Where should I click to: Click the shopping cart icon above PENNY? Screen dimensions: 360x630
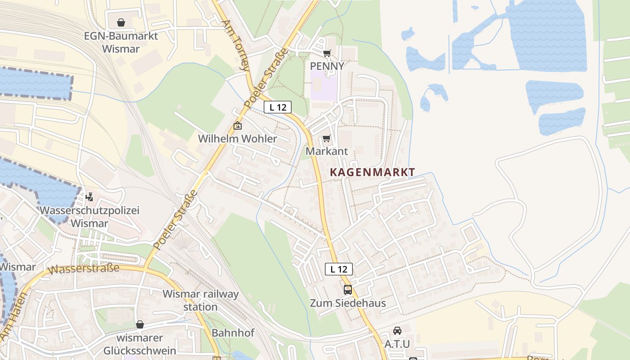tap(327, 53)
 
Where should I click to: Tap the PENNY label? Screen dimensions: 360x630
tap(327, 66)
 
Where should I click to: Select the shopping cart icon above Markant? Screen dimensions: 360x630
tap(327, 139)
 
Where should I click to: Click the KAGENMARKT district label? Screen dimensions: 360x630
tap(372, 172)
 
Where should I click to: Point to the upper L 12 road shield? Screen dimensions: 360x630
tap(278, 107)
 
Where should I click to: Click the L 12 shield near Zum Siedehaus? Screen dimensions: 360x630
tap(338, 269)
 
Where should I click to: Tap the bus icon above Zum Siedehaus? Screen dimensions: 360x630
tap(347, 289)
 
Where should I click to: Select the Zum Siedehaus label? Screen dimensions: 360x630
tap(354, 303)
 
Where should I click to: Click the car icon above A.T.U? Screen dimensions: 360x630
tap(397, 331)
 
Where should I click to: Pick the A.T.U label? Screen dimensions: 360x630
tap(397, 344)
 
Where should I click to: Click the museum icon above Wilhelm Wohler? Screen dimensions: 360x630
tap(238, 126)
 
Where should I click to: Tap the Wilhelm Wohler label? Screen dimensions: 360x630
tap(238, 139)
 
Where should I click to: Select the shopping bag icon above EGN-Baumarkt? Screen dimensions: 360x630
tap(121, 22)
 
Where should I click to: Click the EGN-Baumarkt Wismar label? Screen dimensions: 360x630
tap(121, 42)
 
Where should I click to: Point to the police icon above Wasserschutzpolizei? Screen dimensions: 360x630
tap(90, 197)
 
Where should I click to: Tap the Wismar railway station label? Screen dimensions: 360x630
tap(201, 300)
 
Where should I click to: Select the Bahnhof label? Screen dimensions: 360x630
tap(233, 333)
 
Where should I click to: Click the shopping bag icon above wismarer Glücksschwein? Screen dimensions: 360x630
tap(140, 324)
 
